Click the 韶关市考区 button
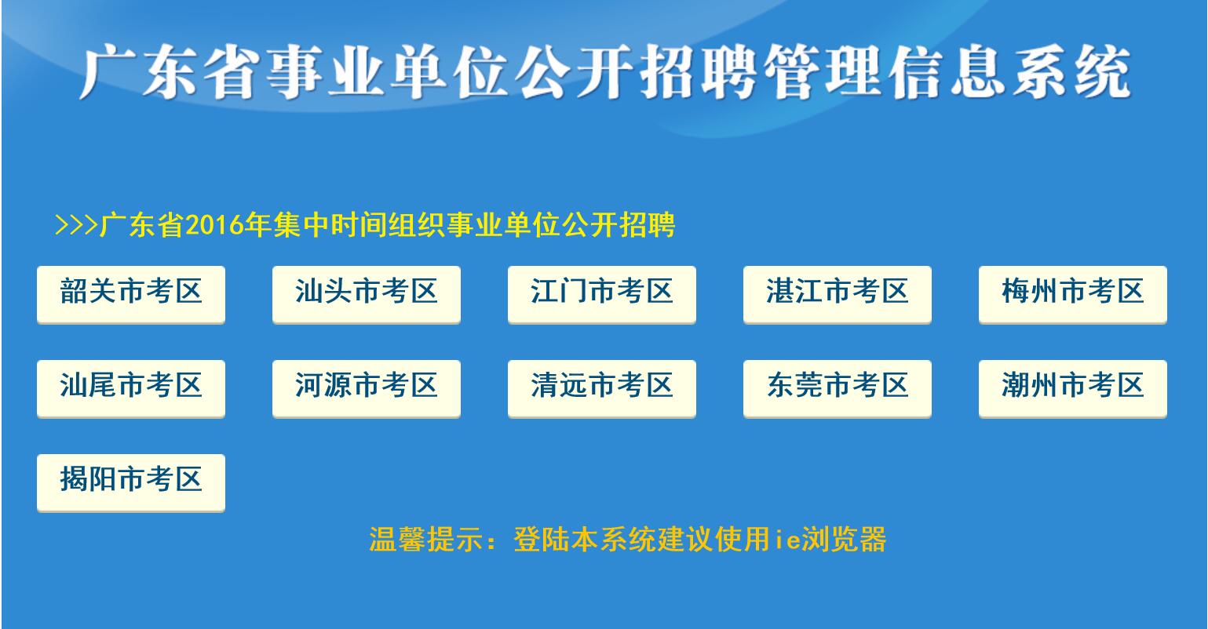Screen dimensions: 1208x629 pos(131,294)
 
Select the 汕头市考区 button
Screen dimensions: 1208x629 pos(367,294)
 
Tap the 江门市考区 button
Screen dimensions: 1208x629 pos(602,294)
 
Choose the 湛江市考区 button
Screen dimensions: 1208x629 pos(838,294)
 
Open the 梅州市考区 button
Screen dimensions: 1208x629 pos(1073,294)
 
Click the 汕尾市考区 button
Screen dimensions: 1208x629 pos(131,388)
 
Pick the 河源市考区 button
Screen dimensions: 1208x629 pos(367,388)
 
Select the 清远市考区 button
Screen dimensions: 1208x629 pos(602,388)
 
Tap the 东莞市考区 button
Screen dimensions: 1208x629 pos(838,388)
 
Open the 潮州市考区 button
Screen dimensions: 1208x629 pos(1073,388)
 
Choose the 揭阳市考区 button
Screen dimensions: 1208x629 pos(131,483)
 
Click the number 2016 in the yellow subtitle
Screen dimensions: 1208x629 pos(214,225)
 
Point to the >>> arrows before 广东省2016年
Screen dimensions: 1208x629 pos(76,225)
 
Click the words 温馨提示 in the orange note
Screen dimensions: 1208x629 pos(426,539)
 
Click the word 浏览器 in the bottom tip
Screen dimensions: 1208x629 pos(844,539)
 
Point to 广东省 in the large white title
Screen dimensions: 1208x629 pos(168,72)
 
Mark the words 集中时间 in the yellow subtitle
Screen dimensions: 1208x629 pos(330,225)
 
